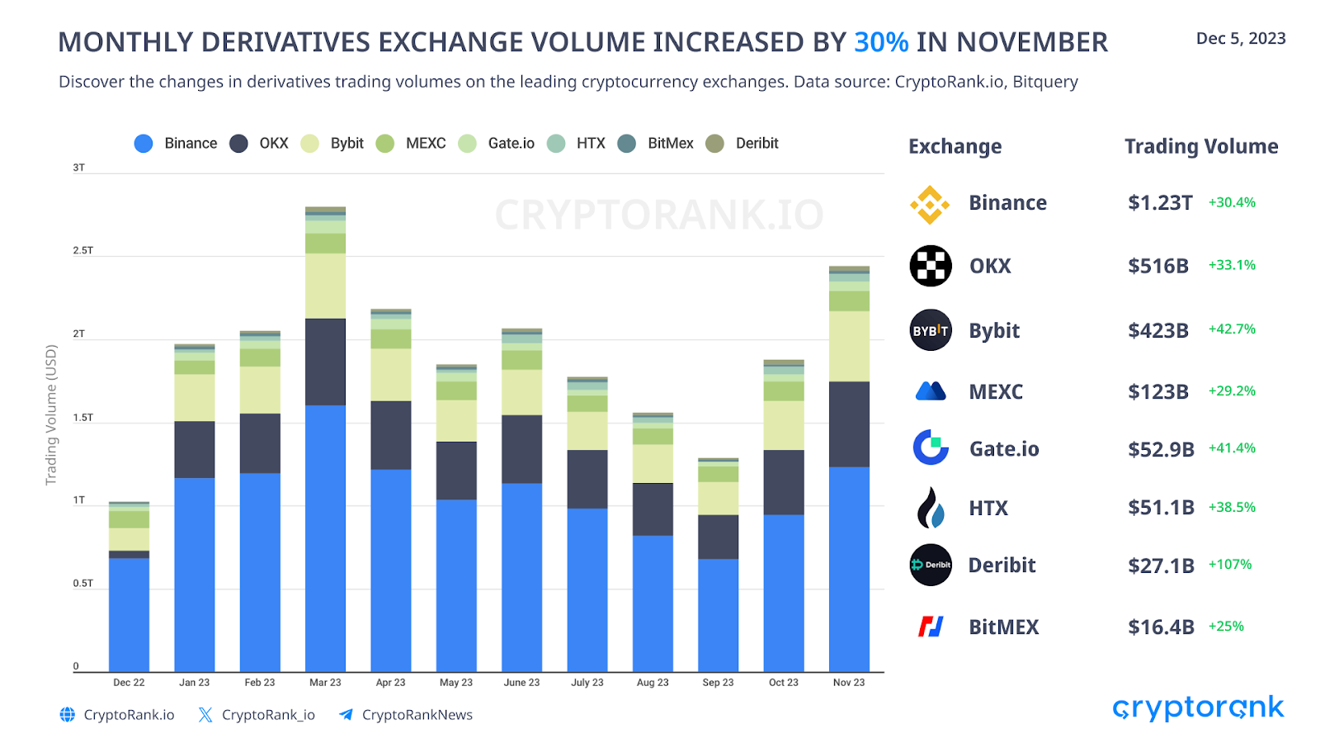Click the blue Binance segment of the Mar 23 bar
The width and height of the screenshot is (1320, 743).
325,537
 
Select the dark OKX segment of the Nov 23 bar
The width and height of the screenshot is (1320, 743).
849,424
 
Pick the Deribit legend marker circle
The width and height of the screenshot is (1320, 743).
714,144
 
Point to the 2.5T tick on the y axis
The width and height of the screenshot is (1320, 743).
82,250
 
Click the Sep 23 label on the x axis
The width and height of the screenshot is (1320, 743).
718,683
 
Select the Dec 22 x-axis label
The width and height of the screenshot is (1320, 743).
129,683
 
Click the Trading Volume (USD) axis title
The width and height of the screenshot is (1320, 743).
51,414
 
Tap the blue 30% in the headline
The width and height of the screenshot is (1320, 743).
881,42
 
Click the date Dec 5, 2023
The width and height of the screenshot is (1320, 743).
1241,39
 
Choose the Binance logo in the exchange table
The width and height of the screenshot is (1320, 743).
930,204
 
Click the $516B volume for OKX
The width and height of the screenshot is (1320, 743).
1158,266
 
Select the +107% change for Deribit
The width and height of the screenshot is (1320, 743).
1230,565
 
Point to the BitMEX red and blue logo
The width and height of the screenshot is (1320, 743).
931,627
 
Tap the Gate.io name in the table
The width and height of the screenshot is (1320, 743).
1004,449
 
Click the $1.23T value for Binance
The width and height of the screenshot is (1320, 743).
1160,203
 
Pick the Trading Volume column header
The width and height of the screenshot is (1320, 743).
1201,147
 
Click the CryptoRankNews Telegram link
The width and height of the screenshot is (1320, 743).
417,715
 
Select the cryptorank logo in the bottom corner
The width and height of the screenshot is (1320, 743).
1198,708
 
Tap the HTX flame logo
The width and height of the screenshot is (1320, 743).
931,508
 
